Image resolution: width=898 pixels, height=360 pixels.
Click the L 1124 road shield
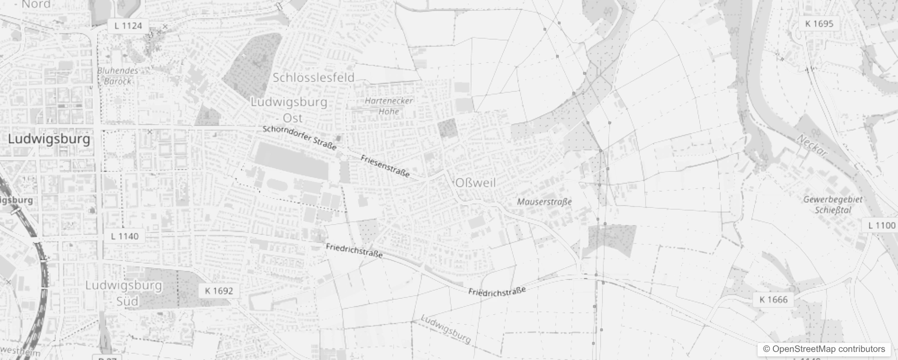128,26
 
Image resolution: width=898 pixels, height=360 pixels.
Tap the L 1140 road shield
125,236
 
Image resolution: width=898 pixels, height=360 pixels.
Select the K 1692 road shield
219,291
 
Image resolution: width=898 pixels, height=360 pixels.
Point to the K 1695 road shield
819,24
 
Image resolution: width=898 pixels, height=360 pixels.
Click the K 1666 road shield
773,300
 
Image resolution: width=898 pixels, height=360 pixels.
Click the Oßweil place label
476,183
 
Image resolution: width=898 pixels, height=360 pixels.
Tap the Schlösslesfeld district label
314,77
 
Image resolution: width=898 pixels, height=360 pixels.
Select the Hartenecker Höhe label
389,106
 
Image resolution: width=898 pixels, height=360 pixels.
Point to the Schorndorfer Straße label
300,138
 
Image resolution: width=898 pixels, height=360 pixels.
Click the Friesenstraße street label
385,166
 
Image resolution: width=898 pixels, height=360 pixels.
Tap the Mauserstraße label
544,202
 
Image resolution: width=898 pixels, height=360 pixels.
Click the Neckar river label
812,146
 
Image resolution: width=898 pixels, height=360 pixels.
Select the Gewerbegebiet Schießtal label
833,205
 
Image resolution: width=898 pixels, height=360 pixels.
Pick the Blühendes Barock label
117,76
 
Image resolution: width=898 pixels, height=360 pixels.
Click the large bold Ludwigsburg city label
49,139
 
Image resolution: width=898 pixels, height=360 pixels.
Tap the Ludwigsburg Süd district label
124,293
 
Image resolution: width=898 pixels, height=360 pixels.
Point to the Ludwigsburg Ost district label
289,110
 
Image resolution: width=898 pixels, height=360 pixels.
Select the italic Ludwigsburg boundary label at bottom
445,328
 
